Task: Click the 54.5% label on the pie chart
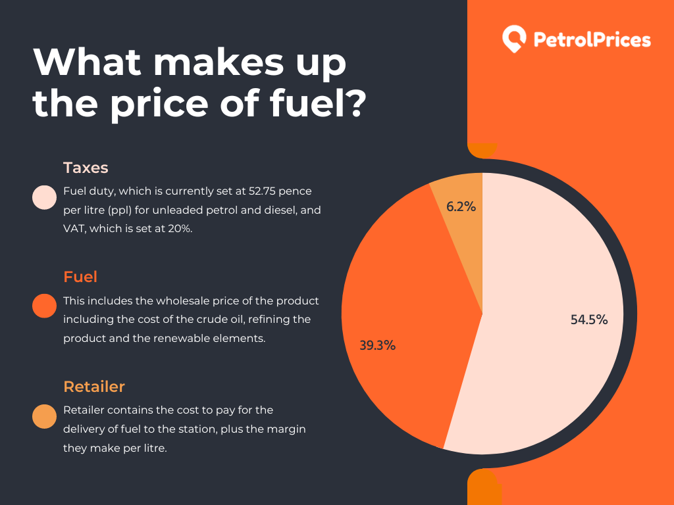point(588,320)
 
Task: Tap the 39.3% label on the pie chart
point(377,345)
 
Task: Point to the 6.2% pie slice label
point(461,206)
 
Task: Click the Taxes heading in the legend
point(86,168)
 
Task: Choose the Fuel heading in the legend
point(80,277)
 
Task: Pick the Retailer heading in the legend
point(94,386)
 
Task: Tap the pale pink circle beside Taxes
point(44,197)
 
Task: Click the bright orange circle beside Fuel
point(44,306)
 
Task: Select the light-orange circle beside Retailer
point(44,416)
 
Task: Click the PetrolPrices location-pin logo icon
point(513,39)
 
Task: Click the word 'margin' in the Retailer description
point(288,429)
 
